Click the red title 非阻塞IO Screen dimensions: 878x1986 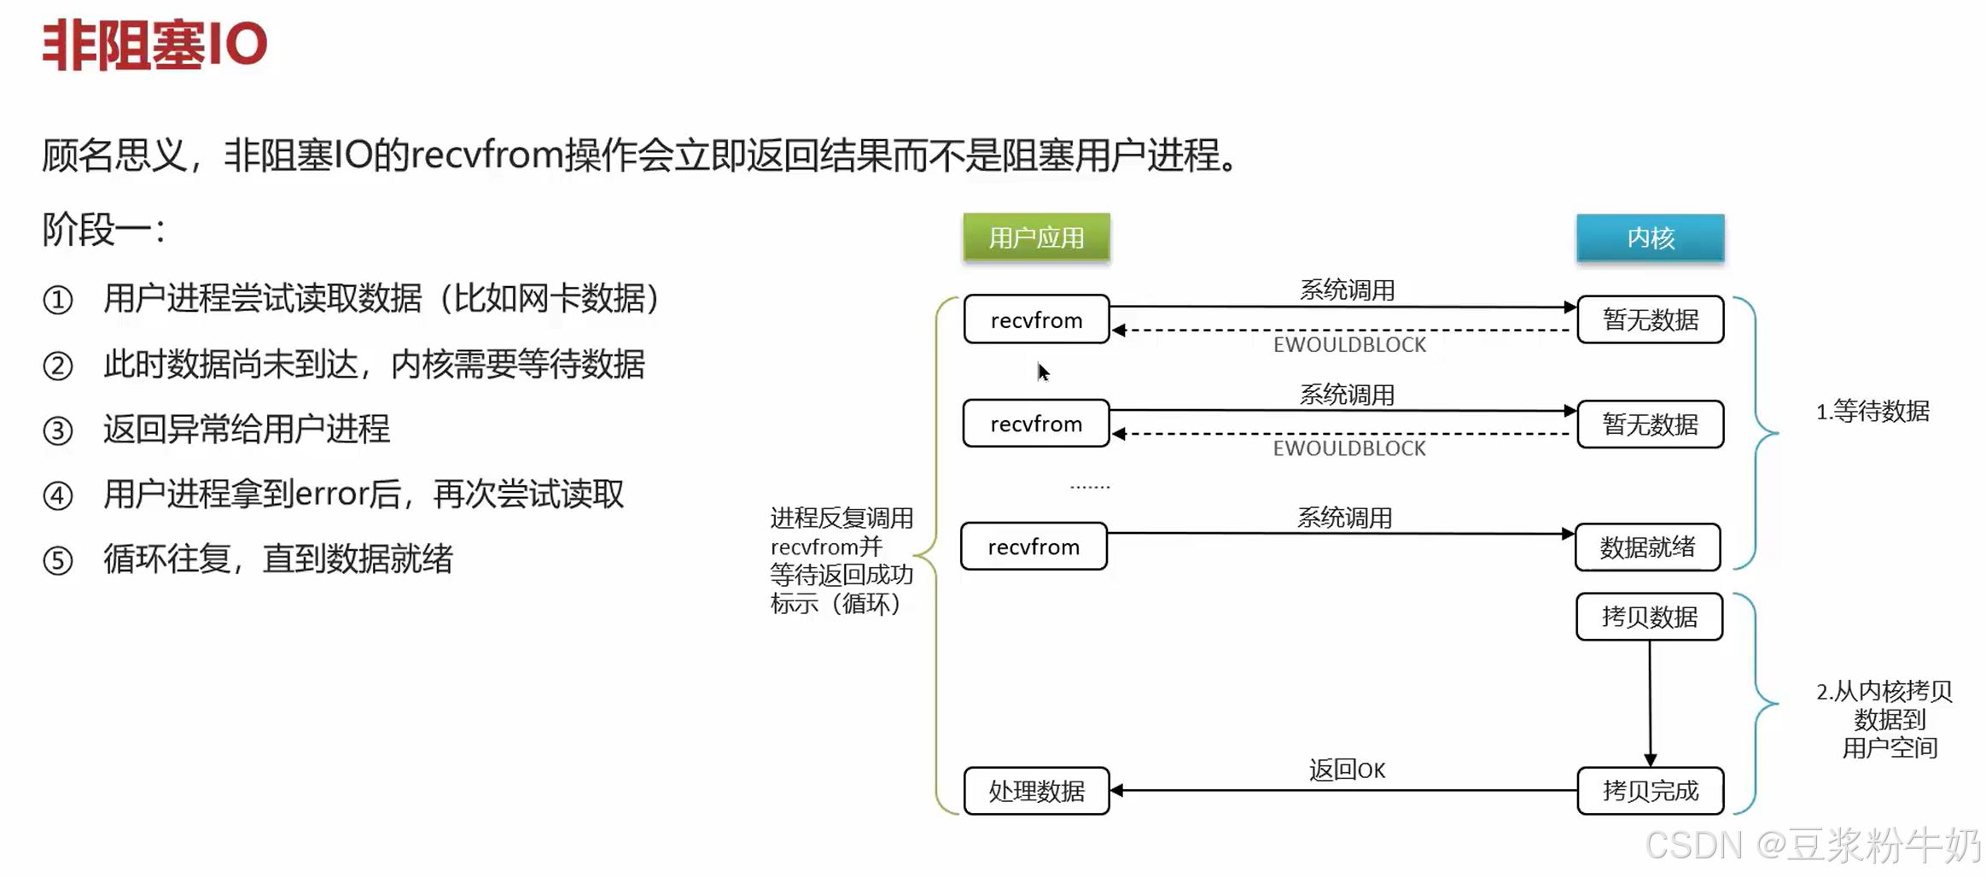154,44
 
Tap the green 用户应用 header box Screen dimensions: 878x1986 1036,237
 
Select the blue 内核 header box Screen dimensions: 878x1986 1650,237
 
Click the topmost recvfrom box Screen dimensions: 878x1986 1036,320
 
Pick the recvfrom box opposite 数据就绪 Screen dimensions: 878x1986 1034,547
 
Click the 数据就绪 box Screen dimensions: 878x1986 1647,547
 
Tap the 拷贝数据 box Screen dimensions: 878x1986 1649,617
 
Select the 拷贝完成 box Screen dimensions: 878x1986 1650,791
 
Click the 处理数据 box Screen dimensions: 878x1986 1036,791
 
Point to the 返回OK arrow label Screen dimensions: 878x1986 1347,770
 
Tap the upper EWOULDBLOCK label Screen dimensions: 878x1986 1349,345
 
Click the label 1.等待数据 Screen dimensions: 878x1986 1872,412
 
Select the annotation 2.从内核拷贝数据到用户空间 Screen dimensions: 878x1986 1884,719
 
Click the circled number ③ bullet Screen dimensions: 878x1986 58,430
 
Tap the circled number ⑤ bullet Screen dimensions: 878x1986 58,561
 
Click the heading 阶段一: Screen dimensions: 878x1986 103,230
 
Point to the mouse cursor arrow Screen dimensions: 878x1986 1042,372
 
